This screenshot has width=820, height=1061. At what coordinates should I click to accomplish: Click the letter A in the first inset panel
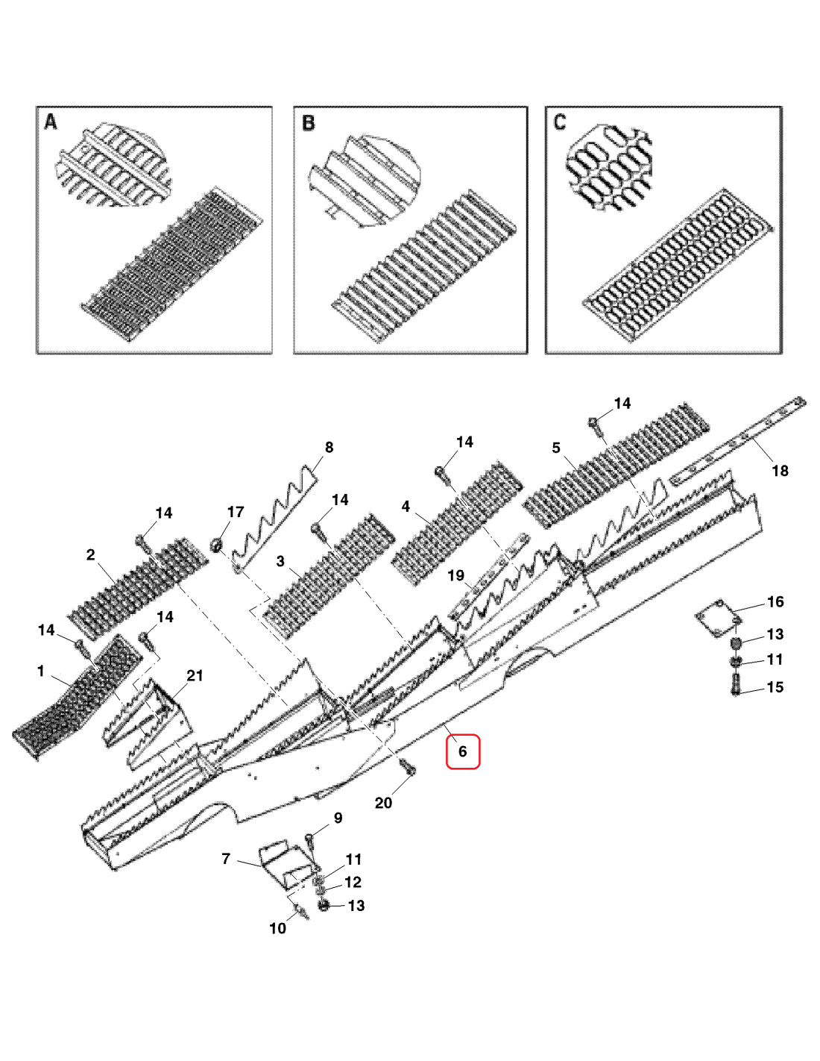tap(51, 122)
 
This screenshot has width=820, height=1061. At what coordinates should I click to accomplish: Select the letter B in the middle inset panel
tap(309, 123)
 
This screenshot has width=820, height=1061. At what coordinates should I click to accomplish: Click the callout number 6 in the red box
tap(462, 751)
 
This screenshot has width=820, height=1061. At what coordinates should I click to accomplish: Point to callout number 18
tap(780, 471)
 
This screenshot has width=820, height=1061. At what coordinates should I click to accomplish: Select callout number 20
tap(383, 803)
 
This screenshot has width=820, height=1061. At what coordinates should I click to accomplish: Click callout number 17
tap(236, 512)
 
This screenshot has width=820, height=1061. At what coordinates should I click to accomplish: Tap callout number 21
tap(195, 675)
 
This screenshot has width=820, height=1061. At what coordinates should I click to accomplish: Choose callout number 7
tap(226, 859)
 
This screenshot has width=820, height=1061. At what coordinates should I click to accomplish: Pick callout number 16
tap(775, 602)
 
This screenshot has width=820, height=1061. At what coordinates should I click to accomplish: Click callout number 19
tap(455, 575)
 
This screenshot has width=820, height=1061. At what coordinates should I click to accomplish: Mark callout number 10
tap(277, 928)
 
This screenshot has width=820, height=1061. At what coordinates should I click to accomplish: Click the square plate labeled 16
tap(717, 618)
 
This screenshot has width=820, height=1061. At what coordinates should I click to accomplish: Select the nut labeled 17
tap(218, 545)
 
